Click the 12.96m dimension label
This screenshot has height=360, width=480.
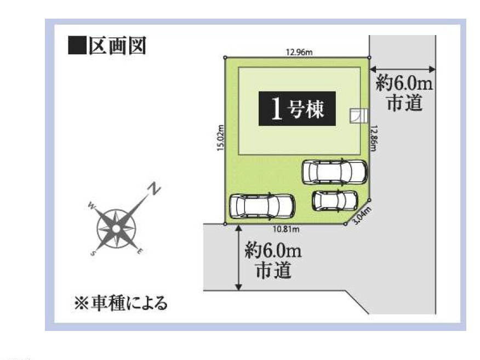coord(299,52)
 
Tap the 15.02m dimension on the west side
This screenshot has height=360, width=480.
coord(220,138)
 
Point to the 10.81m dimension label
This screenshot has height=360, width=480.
coord(286,228)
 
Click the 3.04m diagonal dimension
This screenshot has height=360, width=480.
coord(362,215)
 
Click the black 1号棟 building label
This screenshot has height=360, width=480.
coord(297,108)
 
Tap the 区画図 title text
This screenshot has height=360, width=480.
coord(117,46)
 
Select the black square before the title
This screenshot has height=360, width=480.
coord(77,45)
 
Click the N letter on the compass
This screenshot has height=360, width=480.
coord(155,188)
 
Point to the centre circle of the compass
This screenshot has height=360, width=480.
coord(116,228)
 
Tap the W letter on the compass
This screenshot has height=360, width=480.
coord(92,205)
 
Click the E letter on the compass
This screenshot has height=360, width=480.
coord(139,252)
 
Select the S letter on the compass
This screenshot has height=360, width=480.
coord(93,253)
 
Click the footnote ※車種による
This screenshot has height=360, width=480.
coord(121,303)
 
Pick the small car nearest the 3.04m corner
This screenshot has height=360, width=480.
coord(335,201)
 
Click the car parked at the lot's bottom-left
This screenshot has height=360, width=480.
coord(262,207)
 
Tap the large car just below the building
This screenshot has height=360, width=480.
coord(335,172)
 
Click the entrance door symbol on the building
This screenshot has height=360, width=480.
coord(359,116)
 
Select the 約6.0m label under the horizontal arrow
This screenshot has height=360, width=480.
coord(404,83)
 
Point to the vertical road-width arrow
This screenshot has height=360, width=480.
coord(239,258)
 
